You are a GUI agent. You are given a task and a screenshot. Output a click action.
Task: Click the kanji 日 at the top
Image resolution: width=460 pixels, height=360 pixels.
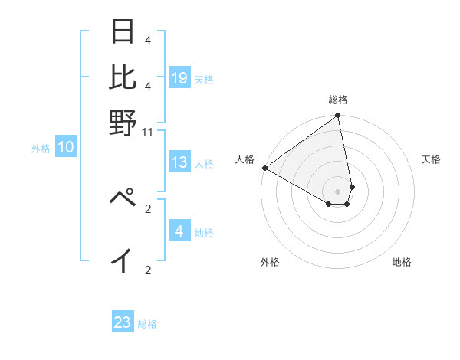click(123, 33)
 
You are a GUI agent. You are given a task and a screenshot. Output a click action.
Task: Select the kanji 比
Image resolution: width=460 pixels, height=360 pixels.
click(123, 77)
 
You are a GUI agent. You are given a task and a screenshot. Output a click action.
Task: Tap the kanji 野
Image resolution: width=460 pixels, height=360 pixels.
click(123, 123)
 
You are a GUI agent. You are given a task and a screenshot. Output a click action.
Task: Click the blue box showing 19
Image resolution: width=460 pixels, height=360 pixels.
click(179, 78)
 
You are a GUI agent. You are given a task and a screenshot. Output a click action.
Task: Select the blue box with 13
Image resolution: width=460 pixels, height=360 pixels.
click(179, 162)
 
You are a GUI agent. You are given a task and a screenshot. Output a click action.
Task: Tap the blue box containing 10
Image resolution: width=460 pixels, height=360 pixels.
click(66, 148)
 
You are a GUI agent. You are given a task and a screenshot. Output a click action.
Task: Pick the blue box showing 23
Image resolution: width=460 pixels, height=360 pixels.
click(123, 322)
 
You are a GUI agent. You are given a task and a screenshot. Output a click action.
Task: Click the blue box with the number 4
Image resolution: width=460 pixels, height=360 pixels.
click(179, 231)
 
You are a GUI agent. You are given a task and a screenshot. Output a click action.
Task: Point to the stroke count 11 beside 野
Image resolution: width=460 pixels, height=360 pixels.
click(148, 132)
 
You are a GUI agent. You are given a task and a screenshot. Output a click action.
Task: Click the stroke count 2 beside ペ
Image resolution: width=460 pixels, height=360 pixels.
click(148, 208)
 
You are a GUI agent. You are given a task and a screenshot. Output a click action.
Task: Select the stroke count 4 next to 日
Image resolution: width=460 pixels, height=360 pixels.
click(147, 40)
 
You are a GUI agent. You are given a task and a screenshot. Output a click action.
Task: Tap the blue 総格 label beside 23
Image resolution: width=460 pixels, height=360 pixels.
click(147, 324)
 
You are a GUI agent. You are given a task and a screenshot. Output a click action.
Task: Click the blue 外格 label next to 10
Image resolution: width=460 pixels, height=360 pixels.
click(41, 149)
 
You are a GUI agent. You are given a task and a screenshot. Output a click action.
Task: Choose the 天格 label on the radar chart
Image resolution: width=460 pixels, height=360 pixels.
click(431, 159)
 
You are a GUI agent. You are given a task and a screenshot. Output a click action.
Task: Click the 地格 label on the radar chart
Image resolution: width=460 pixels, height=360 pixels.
click(402, 262)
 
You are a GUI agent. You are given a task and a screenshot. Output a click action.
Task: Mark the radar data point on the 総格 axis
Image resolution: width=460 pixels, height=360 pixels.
click(337, 116)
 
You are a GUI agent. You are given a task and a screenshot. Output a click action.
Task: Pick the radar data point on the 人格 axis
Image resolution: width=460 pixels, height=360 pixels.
click(264, 168)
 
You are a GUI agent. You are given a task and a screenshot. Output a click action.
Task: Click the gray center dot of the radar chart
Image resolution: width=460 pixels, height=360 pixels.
click(337, 191)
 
